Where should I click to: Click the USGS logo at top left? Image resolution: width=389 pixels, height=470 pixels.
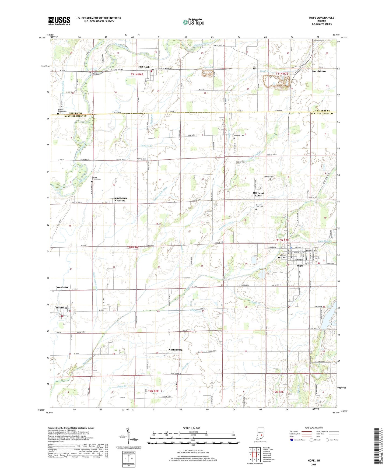59,21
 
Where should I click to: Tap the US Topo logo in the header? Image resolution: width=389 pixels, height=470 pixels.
193,22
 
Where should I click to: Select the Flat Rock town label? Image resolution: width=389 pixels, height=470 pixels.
144,67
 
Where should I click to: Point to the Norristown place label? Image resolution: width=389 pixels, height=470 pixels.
319,71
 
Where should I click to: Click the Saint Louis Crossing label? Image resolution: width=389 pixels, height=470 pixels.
120,199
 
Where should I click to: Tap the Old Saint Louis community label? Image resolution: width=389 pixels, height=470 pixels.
258,194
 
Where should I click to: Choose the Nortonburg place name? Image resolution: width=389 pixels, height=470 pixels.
175,350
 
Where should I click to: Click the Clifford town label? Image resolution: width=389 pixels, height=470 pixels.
59,307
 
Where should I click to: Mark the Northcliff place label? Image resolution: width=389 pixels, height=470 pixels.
62,287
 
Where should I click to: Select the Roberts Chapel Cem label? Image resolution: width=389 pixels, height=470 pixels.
62,110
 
